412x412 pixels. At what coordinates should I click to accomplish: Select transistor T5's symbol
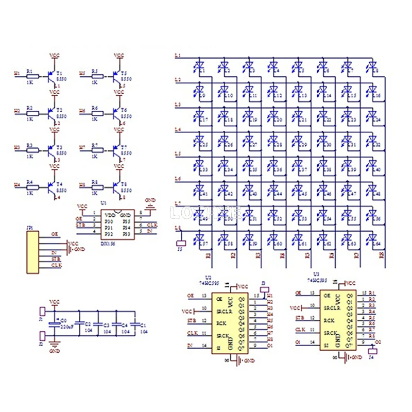click(117, 75)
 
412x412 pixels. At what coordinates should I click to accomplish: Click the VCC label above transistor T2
click(54, 92)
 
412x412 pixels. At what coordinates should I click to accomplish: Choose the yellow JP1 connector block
click(32, 251)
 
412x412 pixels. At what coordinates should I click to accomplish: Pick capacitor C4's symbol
click(117, 324)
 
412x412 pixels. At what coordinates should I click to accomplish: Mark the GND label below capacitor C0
click(55, 351)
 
